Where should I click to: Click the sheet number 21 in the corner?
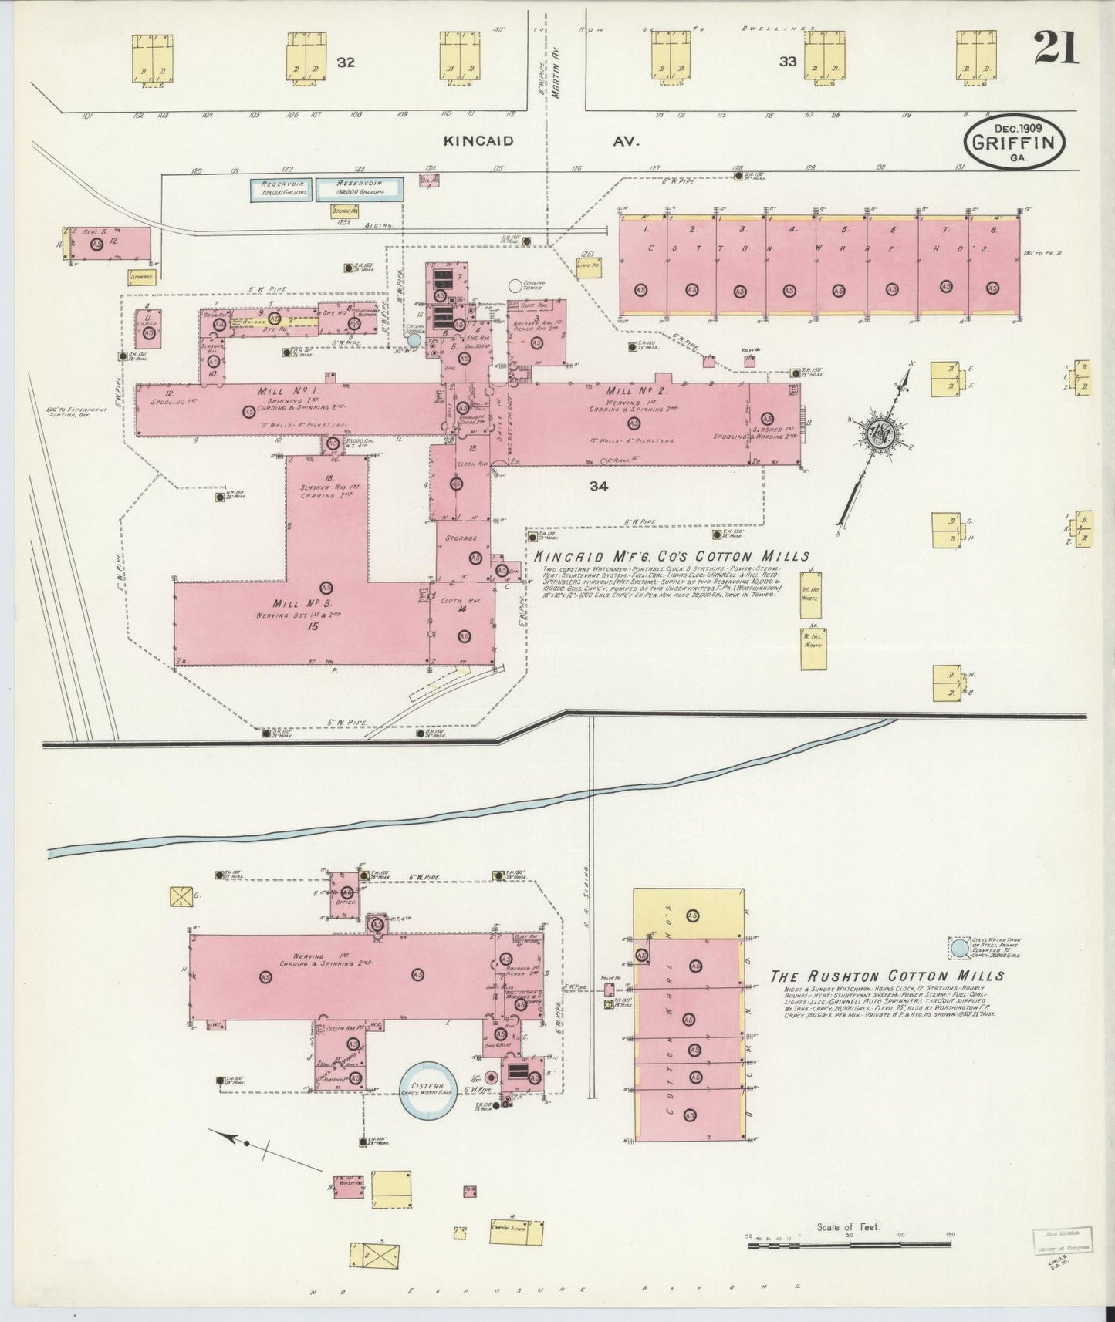coord(1057,49)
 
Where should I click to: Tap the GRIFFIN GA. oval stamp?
coord(1015,142)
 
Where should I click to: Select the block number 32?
coord(345,62)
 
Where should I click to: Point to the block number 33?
coord(787,62)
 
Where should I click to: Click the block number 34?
coord(599,486)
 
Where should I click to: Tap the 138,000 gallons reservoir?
coord(359,190)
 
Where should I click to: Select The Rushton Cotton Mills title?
coord(887,976)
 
